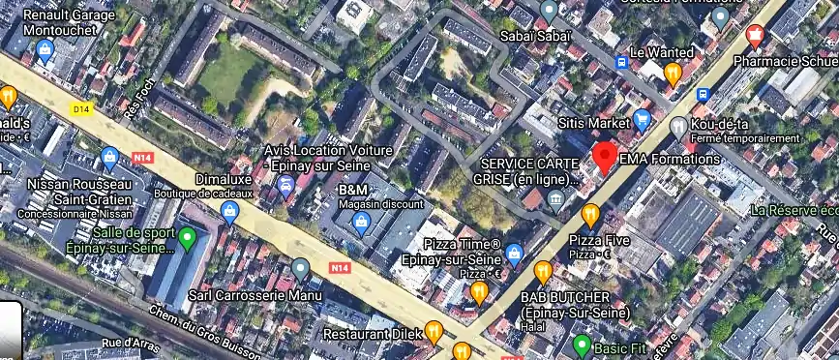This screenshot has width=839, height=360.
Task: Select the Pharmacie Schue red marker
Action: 755,37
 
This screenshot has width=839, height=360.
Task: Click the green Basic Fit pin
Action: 582,345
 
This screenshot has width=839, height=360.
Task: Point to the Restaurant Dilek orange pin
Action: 434,332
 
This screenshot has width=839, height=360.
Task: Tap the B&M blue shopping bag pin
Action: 361,225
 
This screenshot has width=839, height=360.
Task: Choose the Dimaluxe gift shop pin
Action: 229,213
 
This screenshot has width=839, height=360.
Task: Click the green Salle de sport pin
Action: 188,236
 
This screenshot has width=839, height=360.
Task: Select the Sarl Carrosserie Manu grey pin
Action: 301,268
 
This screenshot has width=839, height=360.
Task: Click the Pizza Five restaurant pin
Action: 589,214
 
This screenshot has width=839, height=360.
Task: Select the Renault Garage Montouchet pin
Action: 44,51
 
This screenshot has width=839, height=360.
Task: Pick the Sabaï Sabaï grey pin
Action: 549,11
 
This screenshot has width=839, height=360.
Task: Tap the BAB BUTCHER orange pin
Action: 543,272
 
